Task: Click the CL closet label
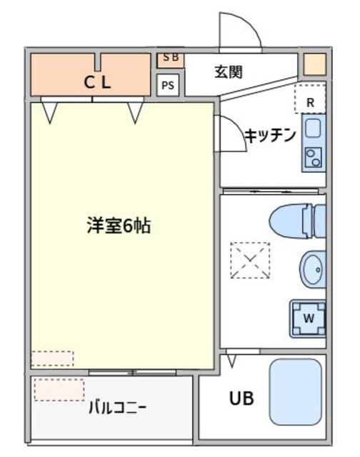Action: (x=98, y=82)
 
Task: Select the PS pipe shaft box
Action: (x=168, y=86)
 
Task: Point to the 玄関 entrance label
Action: (x=229, y=71)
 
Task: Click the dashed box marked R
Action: (x=310, y=99)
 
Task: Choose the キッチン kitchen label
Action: (x=269, y=136)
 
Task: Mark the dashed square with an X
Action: (x=250, y=261)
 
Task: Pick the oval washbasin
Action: (x=313, y=268)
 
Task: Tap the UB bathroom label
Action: (x=241, y=398)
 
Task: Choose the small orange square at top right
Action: (x=314, y=64)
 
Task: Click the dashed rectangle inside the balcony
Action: (x=59, y=390)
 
